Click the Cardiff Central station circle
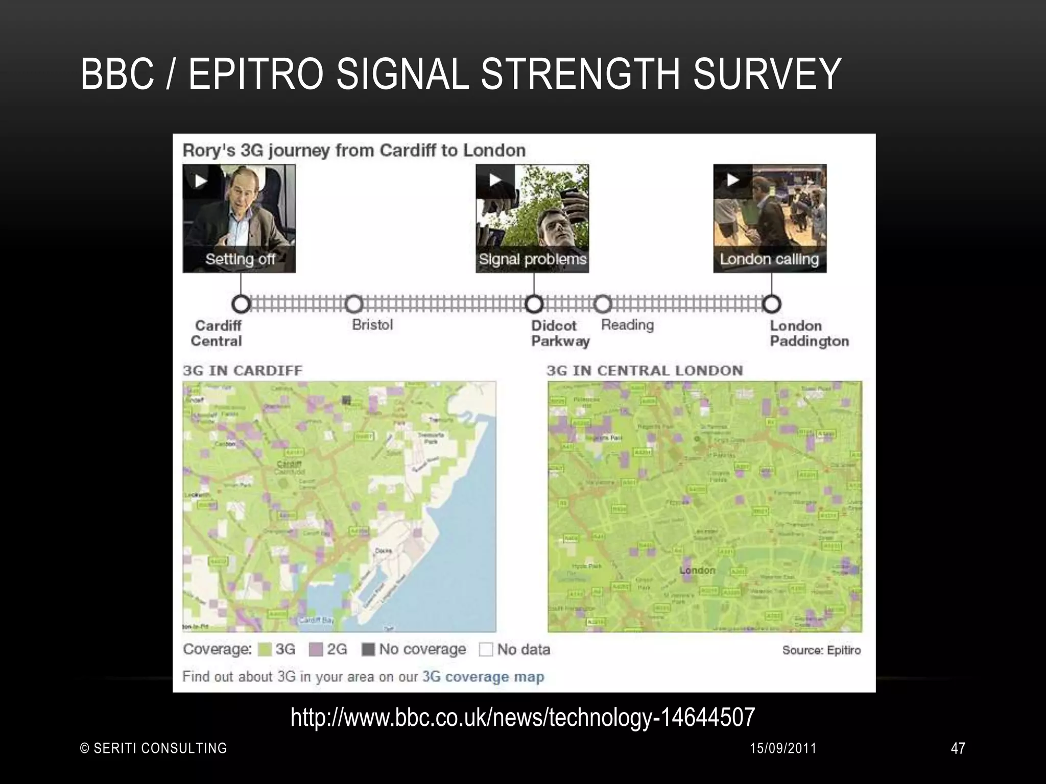pos(241,304)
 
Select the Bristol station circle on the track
pos(353,304)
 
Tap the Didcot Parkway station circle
pos(534,304)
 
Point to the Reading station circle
pos(603,304)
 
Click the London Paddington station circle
pos(772,304)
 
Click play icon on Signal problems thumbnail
pos(495,180)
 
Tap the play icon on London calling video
pos(733,180)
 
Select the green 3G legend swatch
pos(265,650)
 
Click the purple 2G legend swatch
pos(316,650)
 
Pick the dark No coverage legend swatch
pos(368,650)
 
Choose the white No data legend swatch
pos(486,650)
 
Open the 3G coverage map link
pos(483,677)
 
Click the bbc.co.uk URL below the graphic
pos(522,717)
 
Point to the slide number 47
pos(958,748)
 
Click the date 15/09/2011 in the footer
pos(783,748)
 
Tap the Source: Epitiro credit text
pos(821,650)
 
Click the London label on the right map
pos(697,570)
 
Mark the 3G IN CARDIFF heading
pos(243,371)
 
